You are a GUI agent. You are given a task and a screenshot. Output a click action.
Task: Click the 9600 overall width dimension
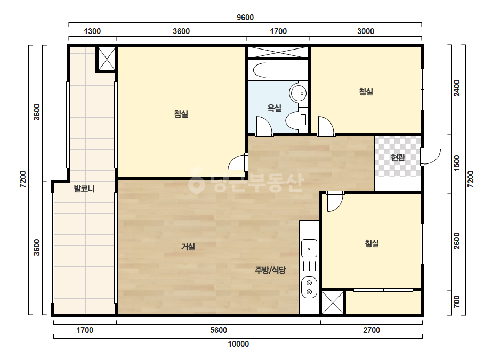pos(245,17)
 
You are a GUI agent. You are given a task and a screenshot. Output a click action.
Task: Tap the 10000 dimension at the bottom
pos(238,344)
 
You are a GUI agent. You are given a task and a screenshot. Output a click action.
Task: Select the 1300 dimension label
pos(92,31)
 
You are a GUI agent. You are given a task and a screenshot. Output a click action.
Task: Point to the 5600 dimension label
pos(219,330)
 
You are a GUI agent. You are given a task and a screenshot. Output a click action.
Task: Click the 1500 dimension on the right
pos(457,163)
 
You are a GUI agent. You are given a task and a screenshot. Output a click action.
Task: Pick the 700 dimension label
pos(457,301)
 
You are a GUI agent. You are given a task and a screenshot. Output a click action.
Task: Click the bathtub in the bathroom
pos(277,70)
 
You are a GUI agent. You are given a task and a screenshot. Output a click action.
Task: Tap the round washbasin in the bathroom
pos(298,93)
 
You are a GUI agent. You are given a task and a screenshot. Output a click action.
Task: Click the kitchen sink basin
pos(309,248)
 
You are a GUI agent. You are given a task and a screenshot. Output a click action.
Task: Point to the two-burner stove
pos(309,287)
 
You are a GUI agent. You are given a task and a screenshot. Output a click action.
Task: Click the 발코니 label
pos(84,189)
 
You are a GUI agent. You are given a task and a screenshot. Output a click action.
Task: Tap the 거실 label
pos(188,247)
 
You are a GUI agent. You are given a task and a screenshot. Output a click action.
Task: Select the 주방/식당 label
pos(270,270)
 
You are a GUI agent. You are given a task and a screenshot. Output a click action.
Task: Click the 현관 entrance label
pos(398,158)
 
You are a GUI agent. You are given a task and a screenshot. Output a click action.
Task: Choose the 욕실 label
pos(274,108)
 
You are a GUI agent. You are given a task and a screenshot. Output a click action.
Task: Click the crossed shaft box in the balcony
pos(107,59)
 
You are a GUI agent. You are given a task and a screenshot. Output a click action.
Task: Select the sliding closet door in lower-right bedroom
pos(383,290)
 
